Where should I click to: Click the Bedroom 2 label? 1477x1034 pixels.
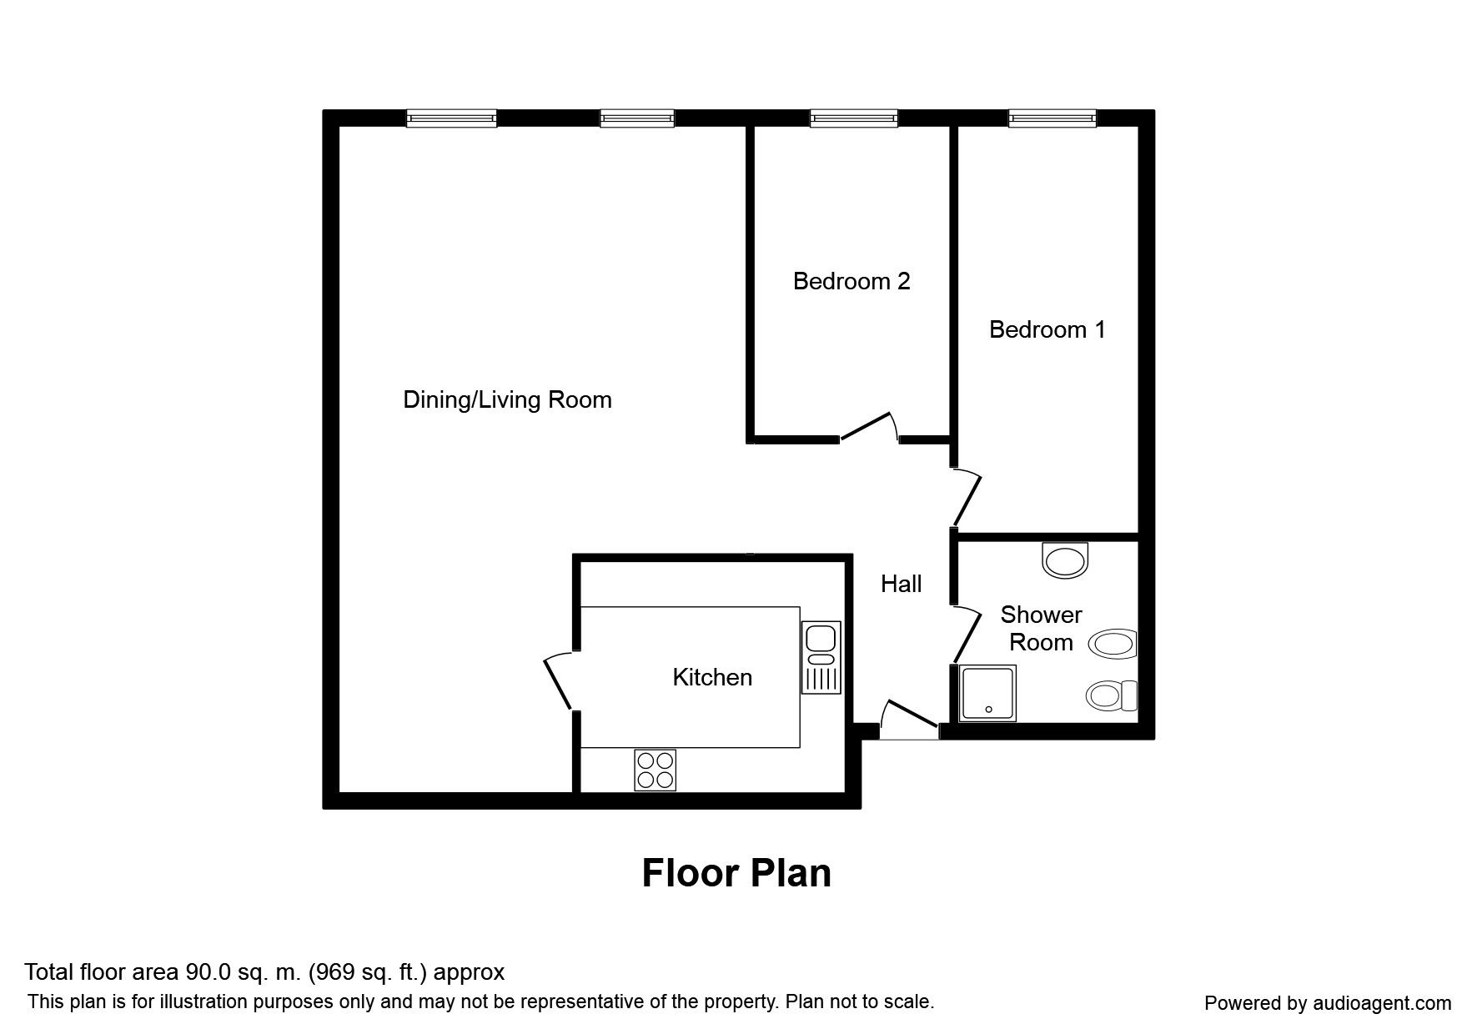pyautogui.click(x=851, y=281)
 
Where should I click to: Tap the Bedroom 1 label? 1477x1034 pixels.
pyautogui.click(x=1047, y=329)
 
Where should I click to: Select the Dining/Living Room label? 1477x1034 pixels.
pyautogui.click(x=507, y=399)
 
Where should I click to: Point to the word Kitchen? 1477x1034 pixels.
pyautogui.click(x=712, y=676)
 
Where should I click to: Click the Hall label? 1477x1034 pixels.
pyautogui.click(x=901, y=584)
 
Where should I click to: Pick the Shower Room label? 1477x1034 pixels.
pyautogui.click(x=1041, y=628)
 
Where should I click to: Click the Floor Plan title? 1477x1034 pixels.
pyautogui.click(x=736, y=873)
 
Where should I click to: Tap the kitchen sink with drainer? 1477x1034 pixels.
pyautogui.click(x=821, y=657)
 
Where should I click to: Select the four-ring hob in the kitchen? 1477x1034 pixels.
pyautogui.click(x=655, y=770)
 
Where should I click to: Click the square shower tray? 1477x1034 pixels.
pyautogui.click(x=987, y=693)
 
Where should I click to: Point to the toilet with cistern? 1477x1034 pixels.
pyautogui.click(x=1113, y=695)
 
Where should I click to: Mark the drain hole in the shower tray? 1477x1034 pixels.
pyautogui.click(x=988, y=710)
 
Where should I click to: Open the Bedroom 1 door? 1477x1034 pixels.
pyautogui.click(x=968, y=497)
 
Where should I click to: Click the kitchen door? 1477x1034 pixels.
pyautogui.click(x=559, y=682)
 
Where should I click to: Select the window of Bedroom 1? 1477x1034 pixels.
pyautogui.click(x=1052, y=119)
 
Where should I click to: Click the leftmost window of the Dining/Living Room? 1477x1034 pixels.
pyautogui.click(x=451, y=119)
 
